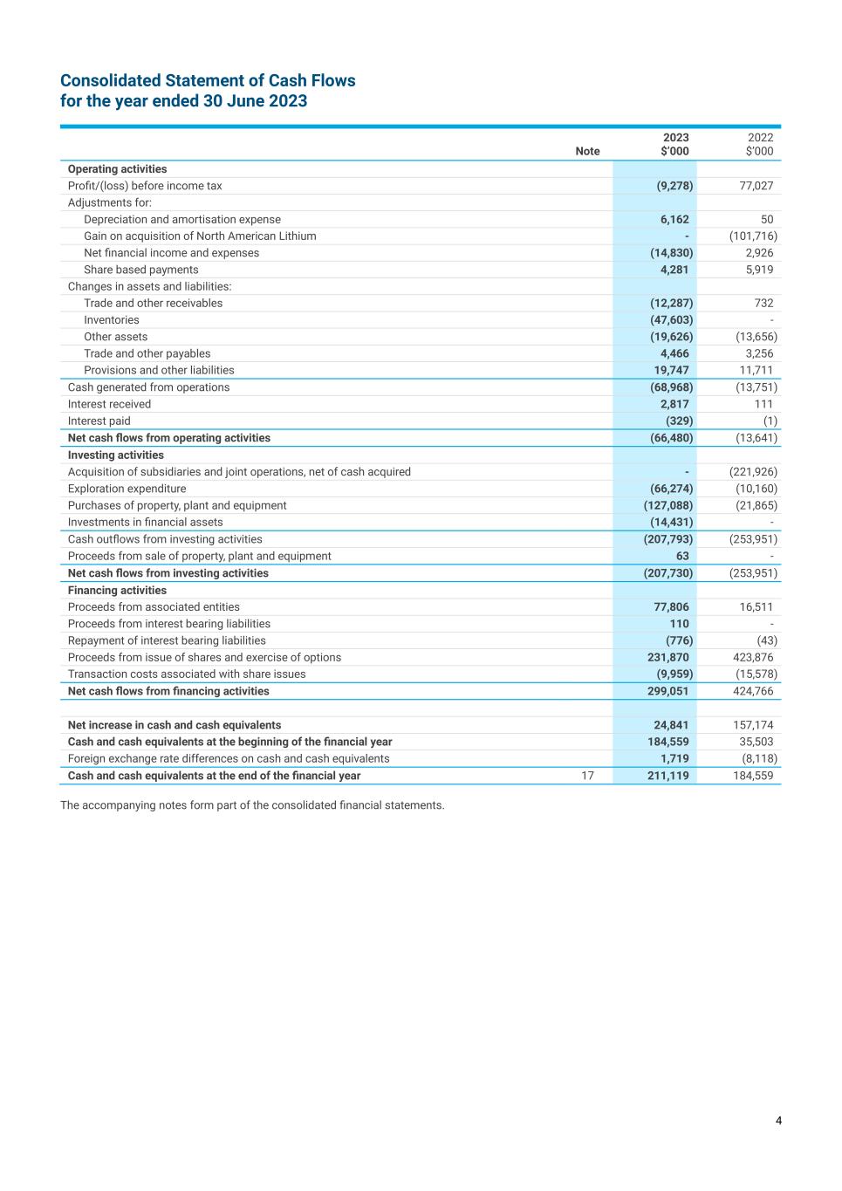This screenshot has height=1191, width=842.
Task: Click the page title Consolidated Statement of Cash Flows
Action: point(208,81)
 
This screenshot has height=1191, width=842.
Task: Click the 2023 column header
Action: point(675,138)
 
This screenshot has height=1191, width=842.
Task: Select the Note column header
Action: point(587,151)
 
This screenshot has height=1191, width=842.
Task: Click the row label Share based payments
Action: point(140,270)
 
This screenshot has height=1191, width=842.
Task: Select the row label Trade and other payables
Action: point(147,353)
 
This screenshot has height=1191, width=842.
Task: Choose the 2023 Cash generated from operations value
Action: point(671,387)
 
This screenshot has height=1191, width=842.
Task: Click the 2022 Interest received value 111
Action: point(763,404)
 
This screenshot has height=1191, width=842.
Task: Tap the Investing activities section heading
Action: point(115,455)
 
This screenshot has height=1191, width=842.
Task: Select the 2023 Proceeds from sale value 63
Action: point(681,556)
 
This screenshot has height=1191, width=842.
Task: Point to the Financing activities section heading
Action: point(117,590)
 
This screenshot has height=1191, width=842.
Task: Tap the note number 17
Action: point(587,776)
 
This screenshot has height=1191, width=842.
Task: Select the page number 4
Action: point(778,1121)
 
